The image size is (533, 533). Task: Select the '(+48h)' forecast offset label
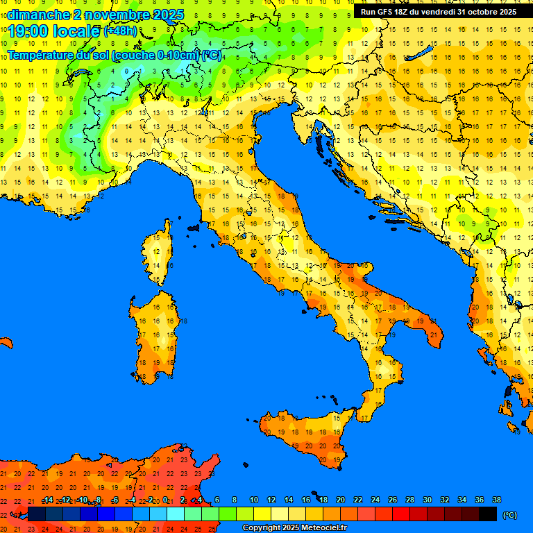(120, 31)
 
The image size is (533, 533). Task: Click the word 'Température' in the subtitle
(41, 54)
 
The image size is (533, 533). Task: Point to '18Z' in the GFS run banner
(403, 12)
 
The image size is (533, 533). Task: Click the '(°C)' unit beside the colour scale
(509, 515)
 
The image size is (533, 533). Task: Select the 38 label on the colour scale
(496, 500)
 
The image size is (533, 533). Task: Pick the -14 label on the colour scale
(46, 500)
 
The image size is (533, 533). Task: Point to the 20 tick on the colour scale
(340, 500)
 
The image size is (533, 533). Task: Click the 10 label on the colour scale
(253, 500)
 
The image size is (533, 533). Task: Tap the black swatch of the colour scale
(488, 514)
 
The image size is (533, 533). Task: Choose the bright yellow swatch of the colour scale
(262, 514)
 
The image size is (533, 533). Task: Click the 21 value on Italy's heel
(433, 335)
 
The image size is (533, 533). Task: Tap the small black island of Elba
(193, 227)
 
